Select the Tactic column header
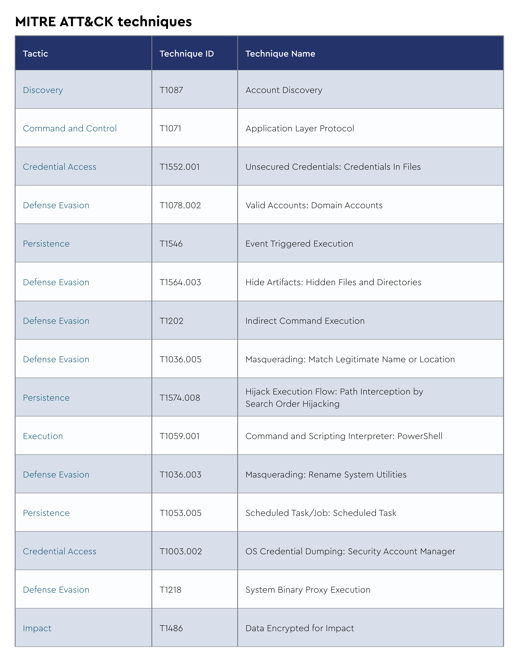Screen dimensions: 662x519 (x=36, y=54)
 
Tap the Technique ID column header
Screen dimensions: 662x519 (x=187, y=54)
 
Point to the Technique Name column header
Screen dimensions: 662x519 (x=280, y=54)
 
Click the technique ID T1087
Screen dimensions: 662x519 (x=171, y=90)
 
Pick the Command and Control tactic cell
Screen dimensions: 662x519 (x=70, y=128)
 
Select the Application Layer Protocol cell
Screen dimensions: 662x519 (x=300, y=128)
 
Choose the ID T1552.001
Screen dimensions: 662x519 (x=180, y=167)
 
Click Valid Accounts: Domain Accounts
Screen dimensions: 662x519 (x=314, y=205)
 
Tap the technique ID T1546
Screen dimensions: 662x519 (x=171, y=244)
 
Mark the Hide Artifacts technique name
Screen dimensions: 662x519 (x=333, y=282)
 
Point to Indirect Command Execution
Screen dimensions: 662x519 (x=305, y=321)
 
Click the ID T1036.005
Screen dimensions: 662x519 (x=181, y=359)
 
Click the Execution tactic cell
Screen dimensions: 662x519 (x=43, y=436)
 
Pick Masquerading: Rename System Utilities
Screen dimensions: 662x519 (x=326, y=475)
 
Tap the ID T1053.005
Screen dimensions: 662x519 (x=181, y=513)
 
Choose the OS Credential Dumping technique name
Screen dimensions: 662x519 (x=350, y=551)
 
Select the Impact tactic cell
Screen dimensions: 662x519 (x=37, y=628)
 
